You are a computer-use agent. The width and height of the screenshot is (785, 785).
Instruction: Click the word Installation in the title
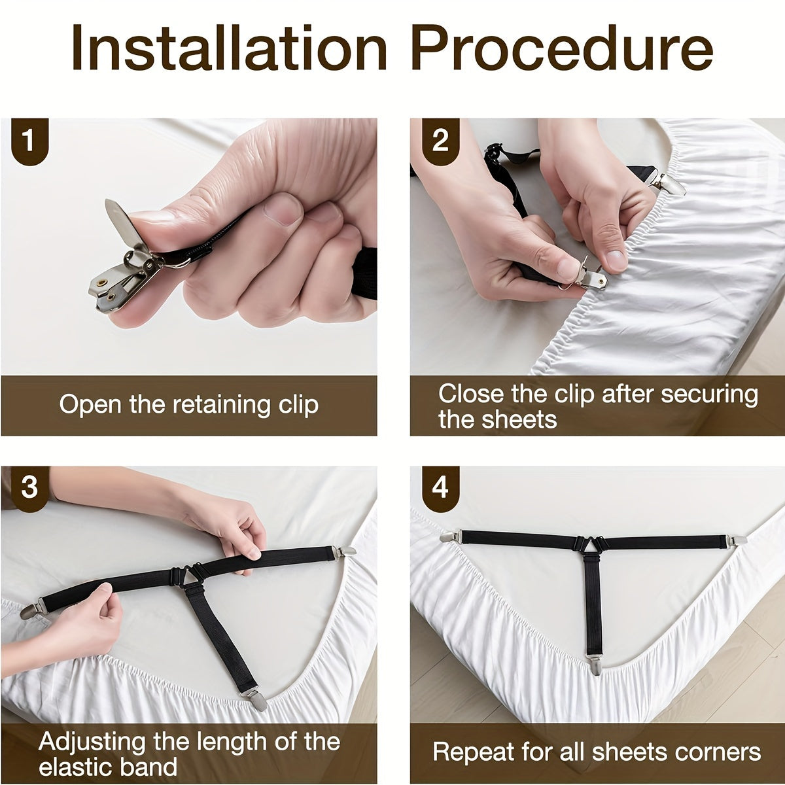[229, 48]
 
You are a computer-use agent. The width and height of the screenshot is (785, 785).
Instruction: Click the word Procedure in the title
[563, 48]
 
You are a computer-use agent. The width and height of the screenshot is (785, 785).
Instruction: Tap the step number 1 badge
[29, 141]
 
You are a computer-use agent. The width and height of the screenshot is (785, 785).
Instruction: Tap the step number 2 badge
[440, 141]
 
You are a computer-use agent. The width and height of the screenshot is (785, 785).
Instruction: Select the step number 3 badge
[29, 489]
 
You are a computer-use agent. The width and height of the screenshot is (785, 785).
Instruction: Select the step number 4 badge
[440, 489]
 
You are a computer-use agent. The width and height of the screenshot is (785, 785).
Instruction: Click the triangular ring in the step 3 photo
[192, 575]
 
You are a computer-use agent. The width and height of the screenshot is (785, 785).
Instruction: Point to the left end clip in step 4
[451, 537]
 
